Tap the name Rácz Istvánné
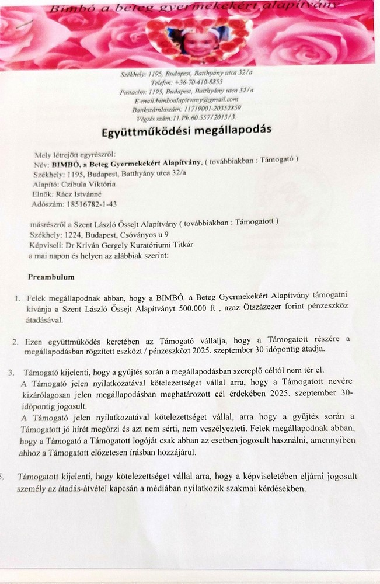point(83,194)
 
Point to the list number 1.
point(18,298)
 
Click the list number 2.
point(15,340)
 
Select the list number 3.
point(11,371)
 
